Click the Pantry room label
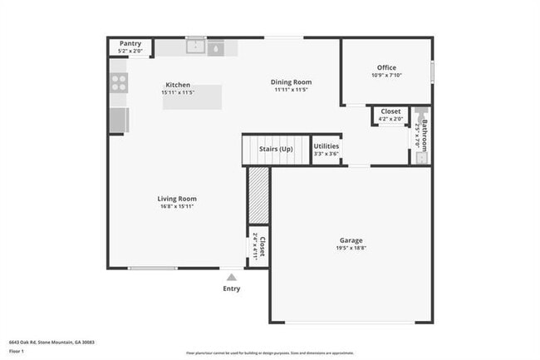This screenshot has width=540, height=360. (130, 43)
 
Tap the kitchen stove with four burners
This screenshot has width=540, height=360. (119, 81)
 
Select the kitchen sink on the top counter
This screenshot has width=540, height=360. (196, 48)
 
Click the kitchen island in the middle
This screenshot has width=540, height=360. (192, 97)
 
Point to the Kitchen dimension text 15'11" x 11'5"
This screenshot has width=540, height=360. (178, 93)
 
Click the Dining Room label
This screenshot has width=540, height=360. (291, 81)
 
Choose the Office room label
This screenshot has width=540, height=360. (386, 67)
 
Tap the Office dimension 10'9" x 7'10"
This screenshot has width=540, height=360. (386, 76)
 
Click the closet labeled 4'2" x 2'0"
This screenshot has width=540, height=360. (390, 115)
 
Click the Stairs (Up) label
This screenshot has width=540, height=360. (276, 149)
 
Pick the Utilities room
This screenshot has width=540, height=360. (326, 150)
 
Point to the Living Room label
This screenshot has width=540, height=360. (177, 199)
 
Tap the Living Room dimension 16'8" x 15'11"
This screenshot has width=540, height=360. (177, 207)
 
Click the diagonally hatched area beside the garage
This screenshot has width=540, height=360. (258, 195)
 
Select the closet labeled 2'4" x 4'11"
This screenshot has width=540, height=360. (258, 247)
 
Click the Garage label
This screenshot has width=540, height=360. (351, 240)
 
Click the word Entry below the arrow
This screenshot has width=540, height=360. (231, 288)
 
